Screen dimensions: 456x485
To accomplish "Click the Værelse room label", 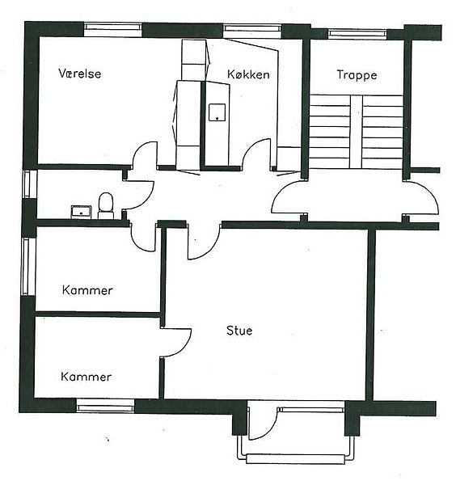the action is pyautogui.click(x=80, y=74).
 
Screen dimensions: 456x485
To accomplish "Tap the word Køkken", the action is pyautogui.click(x=248, y=74).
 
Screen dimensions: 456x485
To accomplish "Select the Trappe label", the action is pyautogui.click(x=357, y=75).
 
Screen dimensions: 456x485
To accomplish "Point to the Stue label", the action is pyautogui.click(x=239, y=331).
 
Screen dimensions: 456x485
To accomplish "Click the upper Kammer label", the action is pyautogui.click(x=87, y=290).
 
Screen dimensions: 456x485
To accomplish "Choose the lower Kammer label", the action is pyautogui.click(x=86, y=377).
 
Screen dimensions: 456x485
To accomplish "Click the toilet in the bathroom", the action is pyautogui.click(x=106, y=205).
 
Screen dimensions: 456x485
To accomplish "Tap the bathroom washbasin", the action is pyautogui.click(x=81, y=212).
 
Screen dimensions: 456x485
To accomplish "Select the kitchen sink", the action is pyautogui.click(x=217, y=112).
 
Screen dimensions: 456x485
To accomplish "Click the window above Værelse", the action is pyautogui.click(x=113, y=29).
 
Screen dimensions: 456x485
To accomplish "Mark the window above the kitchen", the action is pyautogui.click(x=252, y=30).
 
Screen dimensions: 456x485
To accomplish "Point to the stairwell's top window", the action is pyautogui.click(x=357, y=34).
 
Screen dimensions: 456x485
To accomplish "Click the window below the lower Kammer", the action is pyautogui.click(x=105, y=405).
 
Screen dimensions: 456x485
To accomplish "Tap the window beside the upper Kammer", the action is pyautogui.click(x=27, y=266).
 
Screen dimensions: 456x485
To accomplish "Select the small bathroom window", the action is pyautogui.click(x=27, y=183).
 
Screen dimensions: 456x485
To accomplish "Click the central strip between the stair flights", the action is pyautogui.click(x=357, y=132).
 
